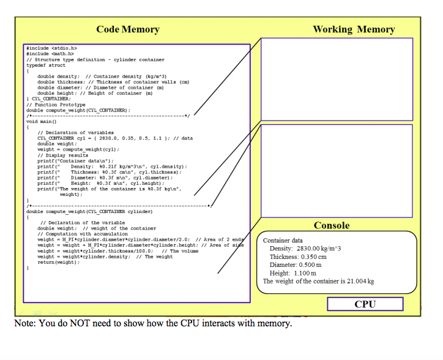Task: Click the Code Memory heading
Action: click(128, 29)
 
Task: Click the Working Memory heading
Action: click(354, 29)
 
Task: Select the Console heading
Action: click(332, 225)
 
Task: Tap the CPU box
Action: click(365, 304)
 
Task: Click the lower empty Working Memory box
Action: click(337, 168)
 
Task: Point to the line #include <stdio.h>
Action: click(52, 48)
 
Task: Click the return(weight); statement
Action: click(59, 262)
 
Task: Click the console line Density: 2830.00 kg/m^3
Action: click(305, 249)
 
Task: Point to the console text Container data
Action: click(283, 241)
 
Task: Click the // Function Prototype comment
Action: click(56, 105)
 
